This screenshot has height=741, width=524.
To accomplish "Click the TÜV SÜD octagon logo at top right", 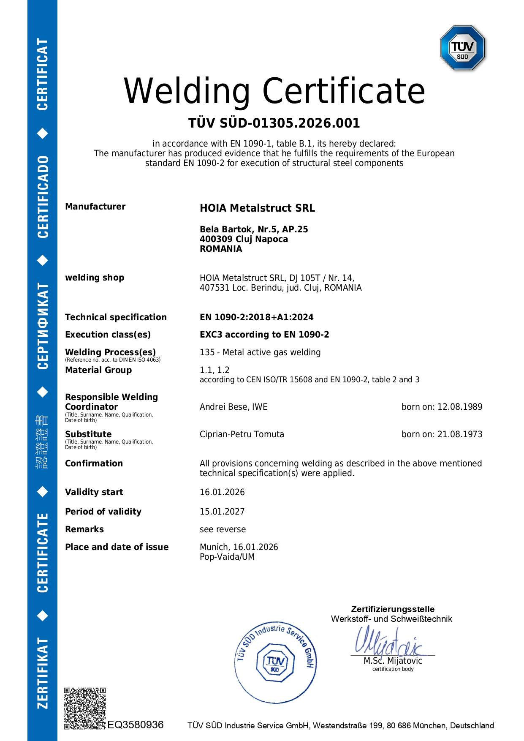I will click(463, 47).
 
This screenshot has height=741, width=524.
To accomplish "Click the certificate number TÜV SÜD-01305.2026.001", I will click(274, 123).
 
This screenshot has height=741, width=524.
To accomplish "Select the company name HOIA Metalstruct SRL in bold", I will click(257, 208).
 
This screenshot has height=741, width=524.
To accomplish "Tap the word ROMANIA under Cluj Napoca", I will click(221, 249).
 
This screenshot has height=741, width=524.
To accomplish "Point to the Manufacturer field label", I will click(95, 207).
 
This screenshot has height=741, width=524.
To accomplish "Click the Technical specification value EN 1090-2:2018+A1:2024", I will click(256, 317).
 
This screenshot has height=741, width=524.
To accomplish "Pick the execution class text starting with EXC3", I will click(264, 335).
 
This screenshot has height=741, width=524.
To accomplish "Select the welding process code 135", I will click(206, 352).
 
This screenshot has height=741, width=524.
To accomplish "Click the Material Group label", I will click(98, 370).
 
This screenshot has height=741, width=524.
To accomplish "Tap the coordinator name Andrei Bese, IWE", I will click(233, 407).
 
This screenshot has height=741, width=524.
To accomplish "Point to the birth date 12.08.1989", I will click(460, 407).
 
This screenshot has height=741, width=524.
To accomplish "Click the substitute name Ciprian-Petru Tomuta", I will click(242, 434).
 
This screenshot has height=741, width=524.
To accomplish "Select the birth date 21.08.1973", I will click(460, 434).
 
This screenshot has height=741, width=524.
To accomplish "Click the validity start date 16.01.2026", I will click(222, 492).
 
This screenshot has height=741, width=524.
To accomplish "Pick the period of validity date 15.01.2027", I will click(222, 512).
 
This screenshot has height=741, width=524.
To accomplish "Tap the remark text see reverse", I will click(223, 529).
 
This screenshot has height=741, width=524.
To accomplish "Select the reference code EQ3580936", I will click(136, 725).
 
